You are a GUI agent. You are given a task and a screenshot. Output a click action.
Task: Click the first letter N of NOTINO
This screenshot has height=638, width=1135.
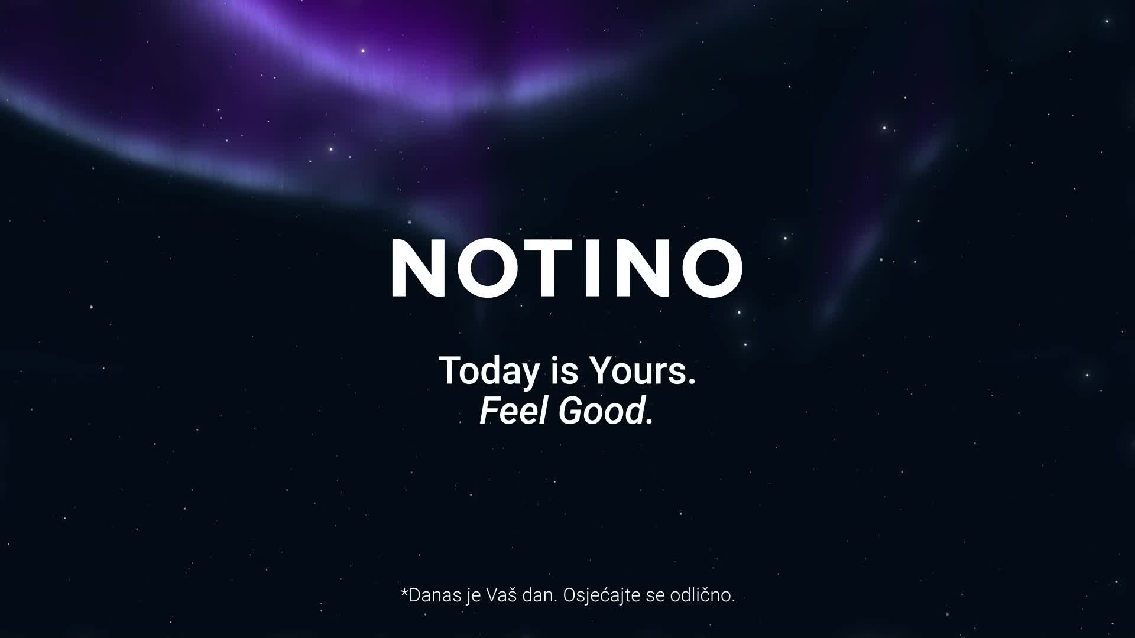coord(419,267)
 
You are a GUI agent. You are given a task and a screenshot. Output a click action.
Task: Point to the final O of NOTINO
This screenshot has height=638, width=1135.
coord(712,267)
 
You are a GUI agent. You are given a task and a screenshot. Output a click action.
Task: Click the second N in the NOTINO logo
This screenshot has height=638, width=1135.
coord(642,267)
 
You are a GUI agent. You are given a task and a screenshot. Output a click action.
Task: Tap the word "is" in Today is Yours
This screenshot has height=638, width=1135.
coord(564,371)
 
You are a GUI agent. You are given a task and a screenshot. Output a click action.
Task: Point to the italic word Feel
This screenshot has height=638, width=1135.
coord(514,411)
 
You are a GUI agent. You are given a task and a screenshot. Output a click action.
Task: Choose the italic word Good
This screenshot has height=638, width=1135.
coord(601,411)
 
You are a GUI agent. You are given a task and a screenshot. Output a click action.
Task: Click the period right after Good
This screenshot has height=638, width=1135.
coord(650,422)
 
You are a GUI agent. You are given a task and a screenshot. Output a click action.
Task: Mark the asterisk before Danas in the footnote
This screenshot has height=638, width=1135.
coord(404,590)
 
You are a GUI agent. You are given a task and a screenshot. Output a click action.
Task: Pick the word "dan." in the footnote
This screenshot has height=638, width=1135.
coord(540,595)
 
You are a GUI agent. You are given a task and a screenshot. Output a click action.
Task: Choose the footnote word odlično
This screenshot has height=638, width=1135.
coord(702,594)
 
